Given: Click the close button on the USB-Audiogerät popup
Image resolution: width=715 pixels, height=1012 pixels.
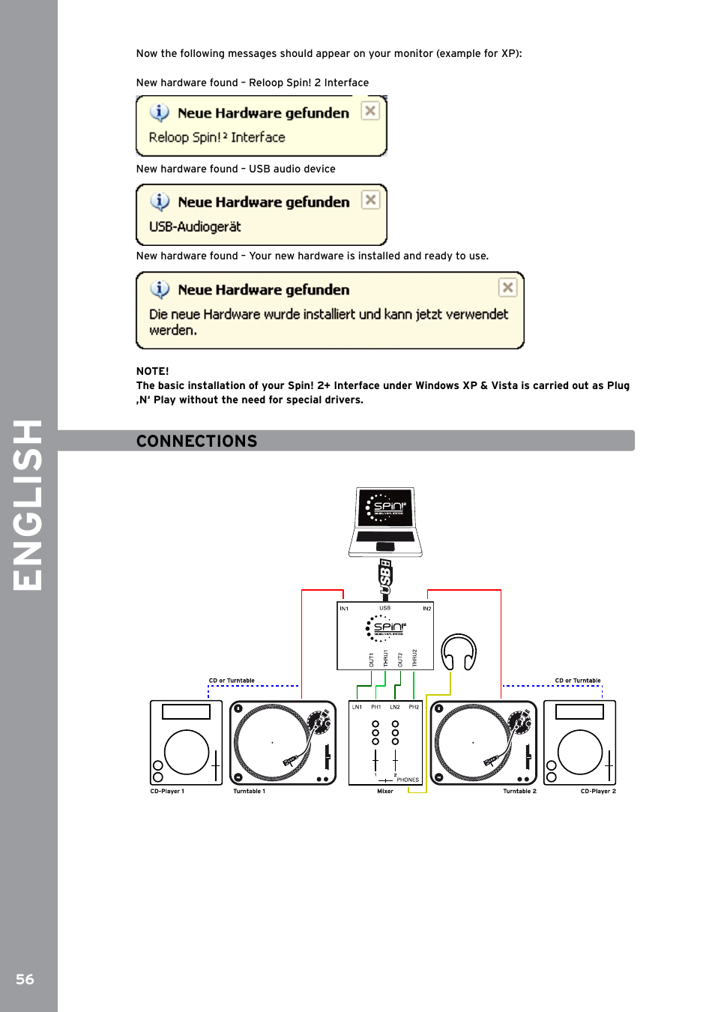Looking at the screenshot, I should coord(370,200).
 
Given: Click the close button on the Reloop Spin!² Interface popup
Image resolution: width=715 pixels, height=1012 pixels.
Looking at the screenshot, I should coord(370,111).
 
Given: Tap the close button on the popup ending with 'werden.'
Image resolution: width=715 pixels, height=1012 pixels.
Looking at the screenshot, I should coord(507,287).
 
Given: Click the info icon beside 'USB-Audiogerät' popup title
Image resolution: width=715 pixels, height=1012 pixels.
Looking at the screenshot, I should coord(160,202).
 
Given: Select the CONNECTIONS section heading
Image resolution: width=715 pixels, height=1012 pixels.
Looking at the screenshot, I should coord(196,441).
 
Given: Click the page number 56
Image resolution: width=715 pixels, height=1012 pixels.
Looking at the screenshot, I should coord(25,979).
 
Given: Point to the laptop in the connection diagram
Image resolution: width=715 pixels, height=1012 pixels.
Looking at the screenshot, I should coord(385,521).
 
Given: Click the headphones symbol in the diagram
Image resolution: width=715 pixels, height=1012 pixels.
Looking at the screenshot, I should coord(459,652).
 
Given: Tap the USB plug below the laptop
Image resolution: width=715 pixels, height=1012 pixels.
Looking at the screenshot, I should coord(385,576).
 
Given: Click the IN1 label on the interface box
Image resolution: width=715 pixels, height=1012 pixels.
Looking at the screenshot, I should coord(344,609).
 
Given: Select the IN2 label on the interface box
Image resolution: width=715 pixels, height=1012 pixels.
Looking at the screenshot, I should coord(426,609).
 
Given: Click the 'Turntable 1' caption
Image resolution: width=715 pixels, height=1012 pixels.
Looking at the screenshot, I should coord(249,791).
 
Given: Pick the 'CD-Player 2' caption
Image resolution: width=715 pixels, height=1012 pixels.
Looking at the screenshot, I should coord(598,791).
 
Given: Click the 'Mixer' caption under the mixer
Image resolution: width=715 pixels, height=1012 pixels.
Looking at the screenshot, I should coord(385,791).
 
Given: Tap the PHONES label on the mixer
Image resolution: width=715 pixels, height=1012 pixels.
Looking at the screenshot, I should coord(408,780).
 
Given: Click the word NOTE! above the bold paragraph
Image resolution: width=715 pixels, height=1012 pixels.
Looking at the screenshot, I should coord(153,371).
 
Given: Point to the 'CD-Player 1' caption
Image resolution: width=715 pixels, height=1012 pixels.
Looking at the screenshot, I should coord(167,791).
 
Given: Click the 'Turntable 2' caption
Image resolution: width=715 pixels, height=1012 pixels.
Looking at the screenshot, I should coord(519,791).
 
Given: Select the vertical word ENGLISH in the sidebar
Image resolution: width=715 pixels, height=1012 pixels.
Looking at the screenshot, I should coord(28,505).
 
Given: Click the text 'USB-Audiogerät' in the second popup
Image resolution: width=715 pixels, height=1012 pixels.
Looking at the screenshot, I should coord(195,226).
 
